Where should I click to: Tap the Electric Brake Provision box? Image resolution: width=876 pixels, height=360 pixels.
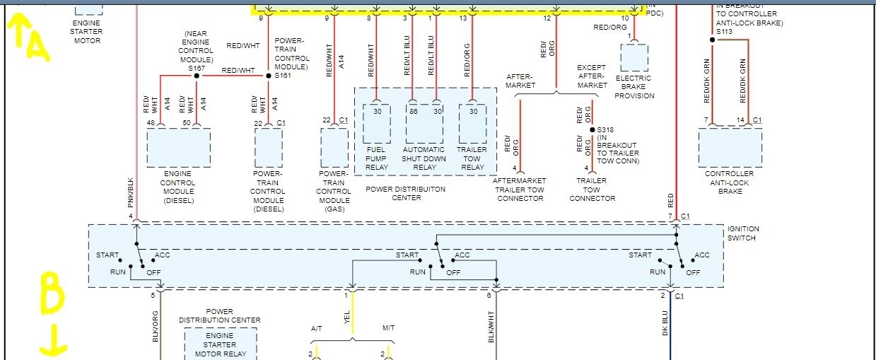tap(633, 57)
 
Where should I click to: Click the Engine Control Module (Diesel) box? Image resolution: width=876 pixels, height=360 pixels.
tap(178, 147)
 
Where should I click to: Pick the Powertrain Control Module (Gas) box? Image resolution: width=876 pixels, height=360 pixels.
tap(334, 147)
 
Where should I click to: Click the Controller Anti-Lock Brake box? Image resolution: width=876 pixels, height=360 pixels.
tap(730, 147)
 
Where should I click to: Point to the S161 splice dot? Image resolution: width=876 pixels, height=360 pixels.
tap(269, 75)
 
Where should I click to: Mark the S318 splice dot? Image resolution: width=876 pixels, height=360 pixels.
tap(592, 130)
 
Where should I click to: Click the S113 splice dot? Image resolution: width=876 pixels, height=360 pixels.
tap(712, 40)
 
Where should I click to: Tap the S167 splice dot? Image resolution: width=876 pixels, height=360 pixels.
tap(192, 75)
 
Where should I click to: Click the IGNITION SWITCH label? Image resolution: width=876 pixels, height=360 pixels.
tap(743, 233)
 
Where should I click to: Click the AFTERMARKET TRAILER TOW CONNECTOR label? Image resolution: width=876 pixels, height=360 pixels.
tap(519, 189)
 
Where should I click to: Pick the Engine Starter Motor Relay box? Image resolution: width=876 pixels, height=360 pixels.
tap(219, 345)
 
